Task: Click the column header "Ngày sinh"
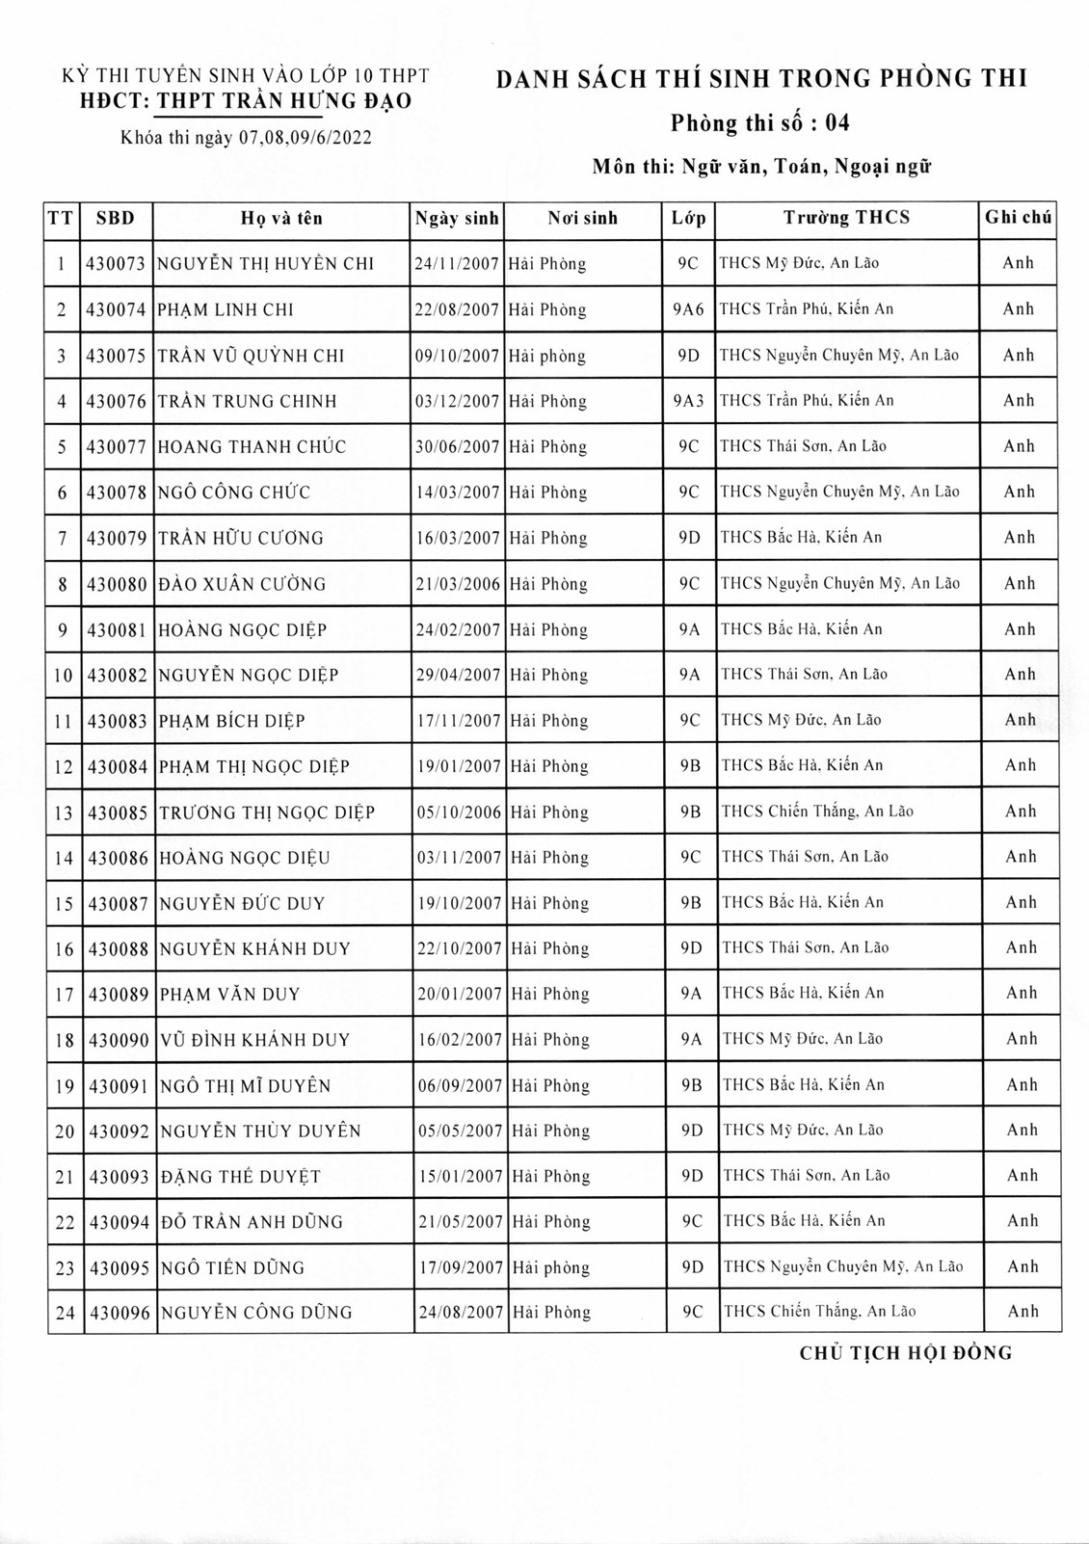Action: (x=457, y=219)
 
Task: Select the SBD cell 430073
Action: (x=116, y=263)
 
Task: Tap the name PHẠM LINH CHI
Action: (x=226, y=309)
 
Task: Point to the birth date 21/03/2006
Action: (x=458, y=584)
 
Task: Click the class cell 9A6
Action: (x=688, y=309)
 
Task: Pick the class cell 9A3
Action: (x=688, y=401)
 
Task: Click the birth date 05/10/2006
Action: (x=459, y=812)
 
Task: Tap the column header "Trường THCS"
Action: (x=846, y=218)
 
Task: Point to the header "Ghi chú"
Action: (x=1018, y=218)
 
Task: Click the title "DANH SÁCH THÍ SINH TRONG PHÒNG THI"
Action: (x=761, y=79)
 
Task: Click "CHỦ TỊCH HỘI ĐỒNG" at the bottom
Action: (x=906, y=1353)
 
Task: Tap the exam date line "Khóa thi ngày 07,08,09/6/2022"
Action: (x=246, y=138)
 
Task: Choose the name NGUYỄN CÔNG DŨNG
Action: (x=256, y=1312)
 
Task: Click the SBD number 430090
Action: (x=119, y=1040)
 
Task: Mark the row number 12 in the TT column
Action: (x=64, y=767)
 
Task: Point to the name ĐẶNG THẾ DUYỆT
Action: (x=241, y=1177)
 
